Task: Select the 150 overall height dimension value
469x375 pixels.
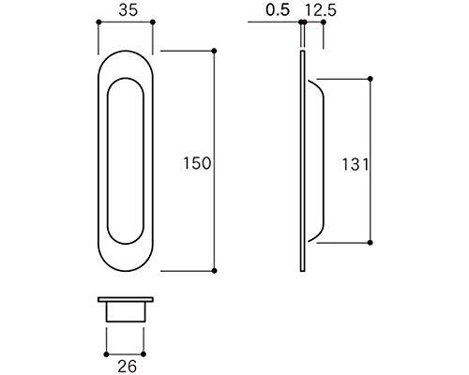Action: click(197, 163)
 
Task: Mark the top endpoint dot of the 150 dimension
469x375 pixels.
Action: click(216, 49)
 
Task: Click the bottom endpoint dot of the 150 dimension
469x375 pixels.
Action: click(216, 272)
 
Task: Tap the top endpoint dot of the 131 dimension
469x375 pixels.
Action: click(375, 78)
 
